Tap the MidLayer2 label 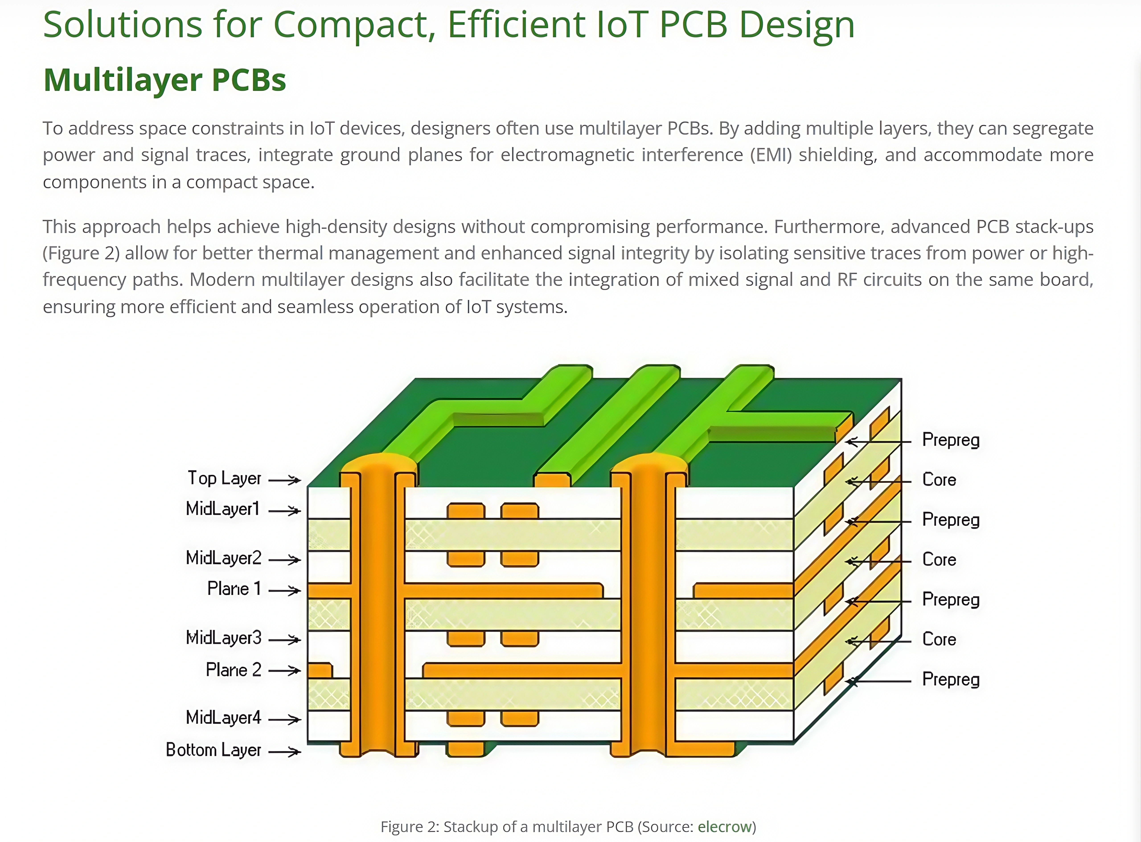(x=223, y=558)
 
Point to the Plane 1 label (x=234, y=589)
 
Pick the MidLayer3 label (x=223, y=638)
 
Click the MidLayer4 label (x=223, y=718)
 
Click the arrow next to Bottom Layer (x=285, y=751)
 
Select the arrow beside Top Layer (x=285, y=480)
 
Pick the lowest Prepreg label (x=951, y=679)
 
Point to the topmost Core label (x=939, y=480)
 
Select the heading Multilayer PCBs (x=165, y=80)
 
